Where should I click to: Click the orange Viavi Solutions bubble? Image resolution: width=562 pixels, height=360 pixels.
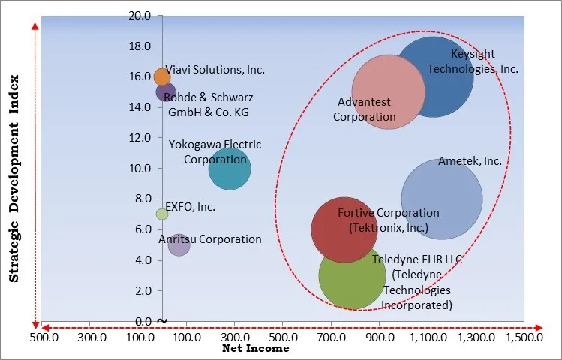coord(162,76)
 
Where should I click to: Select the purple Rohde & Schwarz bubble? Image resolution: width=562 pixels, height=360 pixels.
coord(166,92)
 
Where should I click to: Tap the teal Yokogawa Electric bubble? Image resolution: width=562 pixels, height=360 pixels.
coord(230,168)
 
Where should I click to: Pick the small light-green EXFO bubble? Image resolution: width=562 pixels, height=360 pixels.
coord(162,214)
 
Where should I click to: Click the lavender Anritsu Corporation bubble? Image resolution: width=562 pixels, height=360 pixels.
coord(179,244)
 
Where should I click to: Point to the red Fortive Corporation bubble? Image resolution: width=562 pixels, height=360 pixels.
coord(344,229)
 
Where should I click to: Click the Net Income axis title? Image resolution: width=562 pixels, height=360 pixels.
coord(256,349)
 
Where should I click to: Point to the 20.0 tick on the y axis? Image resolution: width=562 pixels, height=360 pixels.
coord(140,15)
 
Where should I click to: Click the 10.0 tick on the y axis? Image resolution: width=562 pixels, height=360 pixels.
coord(140,168)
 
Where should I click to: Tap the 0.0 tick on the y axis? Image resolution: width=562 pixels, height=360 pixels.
coord(143,321)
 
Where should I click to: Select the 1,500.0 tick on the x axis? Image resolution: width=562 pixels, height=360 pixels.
coord(523,337)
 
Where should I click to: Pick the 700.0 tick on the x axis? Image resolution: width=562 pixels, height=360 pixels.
coord(330,337)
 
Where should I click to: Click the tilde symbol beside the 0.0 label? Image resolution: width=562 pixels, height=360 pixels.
coord(162,321)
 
